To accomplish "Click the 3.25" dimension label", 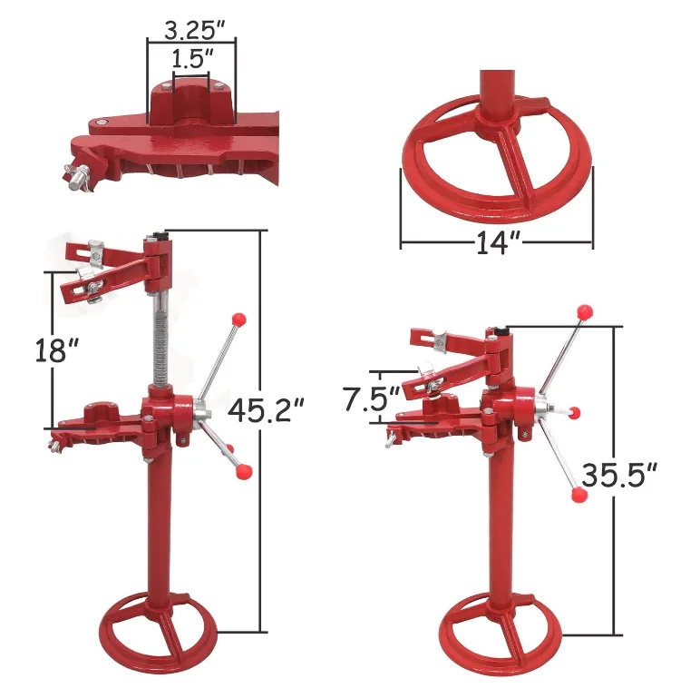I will (190, 28).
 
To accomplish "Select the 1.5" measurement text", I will (191, 57).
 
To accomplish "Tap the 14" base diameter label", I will (495, 244).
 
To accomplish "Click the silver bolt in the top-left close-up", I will (76, 175).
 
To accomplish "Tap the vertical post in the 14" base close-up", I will (495, 100).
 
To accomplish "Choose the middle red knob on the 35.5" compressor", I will (573, 412).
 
